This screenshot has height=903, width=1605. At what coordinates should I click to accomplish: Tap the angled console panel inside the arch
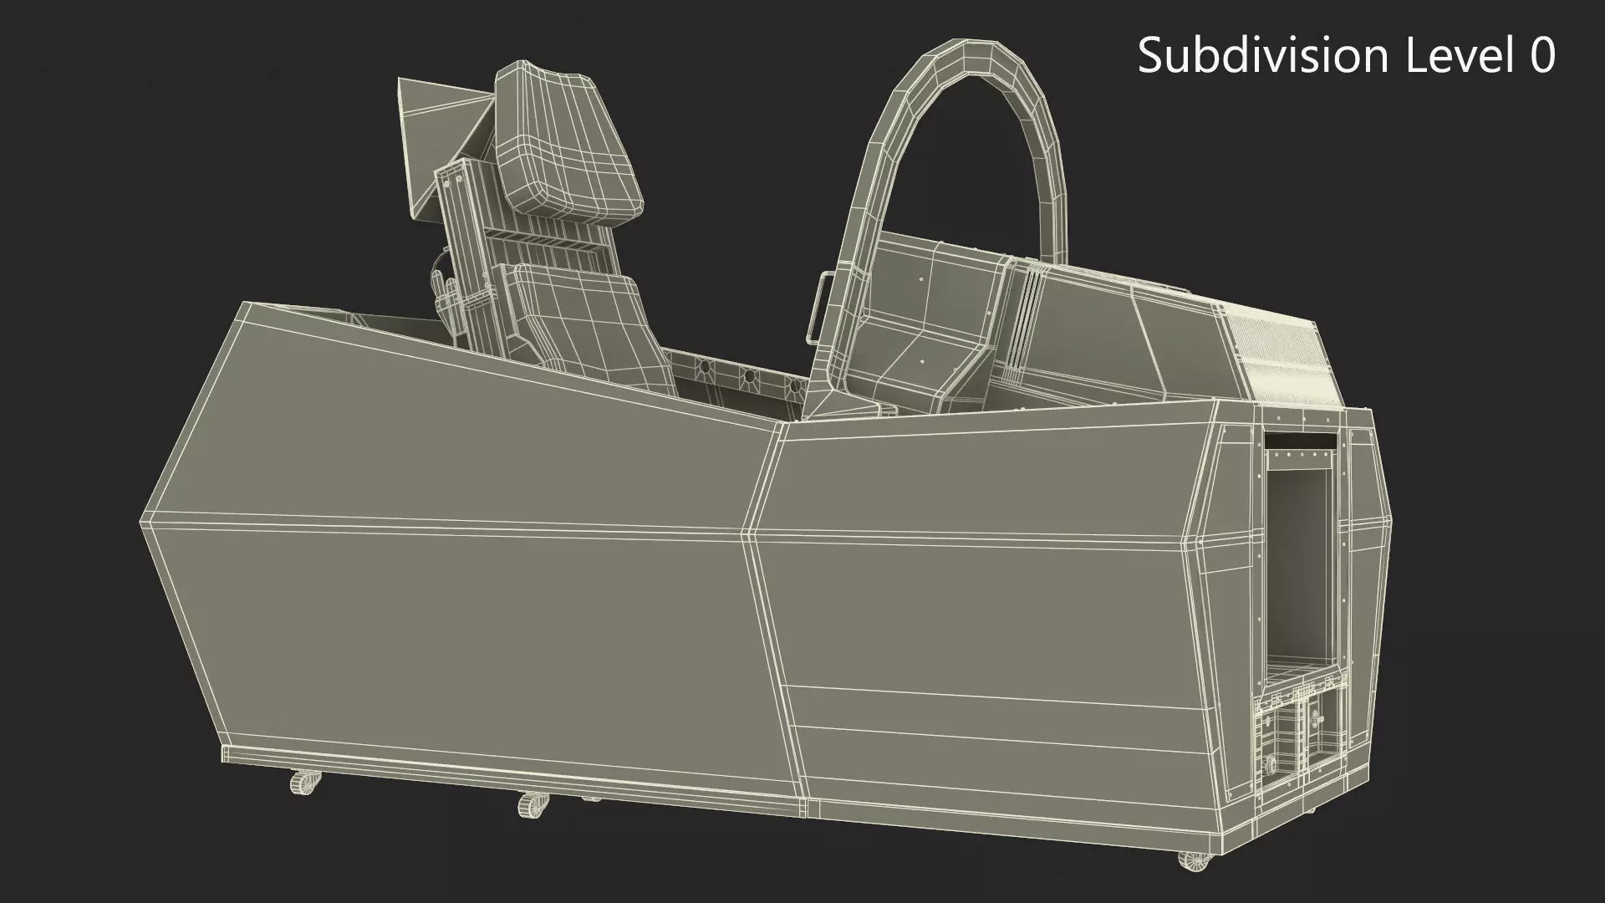(920, 351)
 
